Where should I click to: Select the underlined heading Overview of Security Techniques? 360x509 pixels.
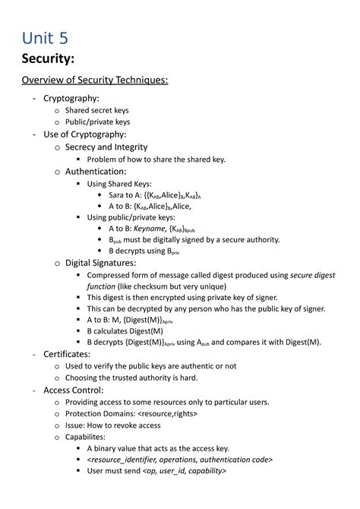[x=94, y=81]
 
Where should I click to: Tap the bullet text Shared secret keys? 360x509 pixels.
[x=96, y=110]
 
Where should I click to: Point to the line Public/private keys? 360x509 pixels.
[x=97, y=122]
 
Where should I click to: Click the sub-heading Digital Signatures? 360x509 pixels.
[x=100, y=263]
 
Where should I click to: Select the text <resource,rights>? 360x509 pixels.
[x=167, y=413]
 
